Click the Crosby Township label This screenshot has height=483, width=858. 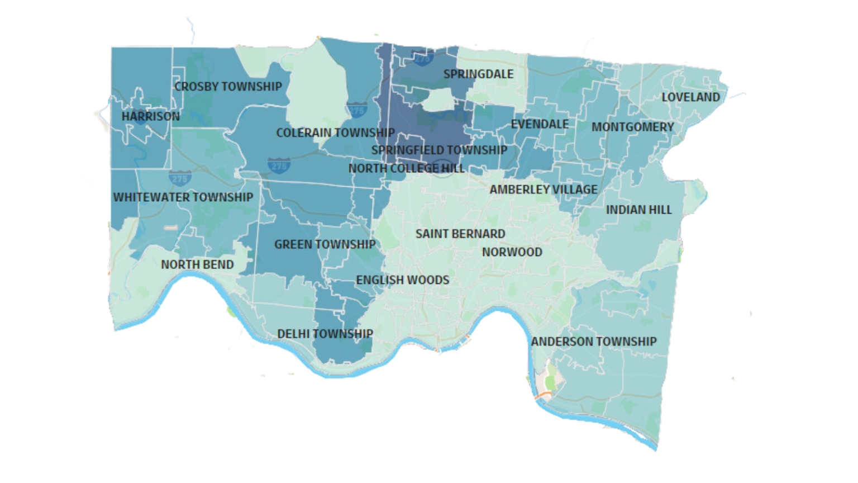coord(228,87)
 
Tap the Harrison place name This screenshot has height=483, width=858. coord(151,116)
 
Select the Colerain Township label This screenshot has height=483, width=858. coord(335,133)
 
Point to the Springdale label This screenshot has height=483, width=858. coord(478,74)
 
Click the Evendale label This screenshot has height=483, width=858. coord(540,124)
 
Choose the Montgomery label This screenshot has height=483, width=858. coord(632,127)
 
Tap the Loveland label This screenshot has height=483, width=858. coord(690,97)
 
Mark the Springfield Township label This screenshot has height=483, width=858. coord(439,150)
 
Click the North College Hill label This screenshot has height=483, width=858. coord(406,168)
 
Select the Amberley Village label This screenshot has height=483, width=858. coord(543,190)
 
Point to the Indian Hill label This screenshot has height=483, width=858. coord(638,210)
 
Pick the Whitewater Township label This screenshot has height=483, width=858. coord(183,197)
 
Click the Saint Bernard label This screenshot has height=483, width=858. coord(460,234)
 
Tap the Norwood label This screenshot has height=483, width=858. coord(512,252)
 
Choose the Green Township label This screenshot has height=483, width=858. coord(325,244)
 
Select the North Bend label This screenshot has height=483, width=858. coord(197,264)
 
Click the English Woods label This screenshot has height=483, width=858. coord(402,280)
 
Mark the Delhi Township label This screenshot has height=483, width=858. coord(325,334)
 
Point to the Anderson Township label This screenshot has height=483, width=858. coord(593,342)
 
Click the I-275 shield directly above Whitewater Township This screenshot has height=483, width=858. coord(179,178)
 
